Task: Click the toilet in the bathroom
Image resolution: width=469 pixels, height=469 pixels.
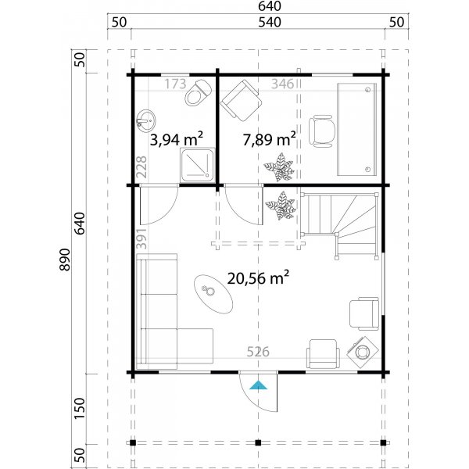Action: coord(197,93)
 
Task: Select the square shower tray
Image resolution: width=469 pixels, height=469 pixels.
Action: coord(194,164)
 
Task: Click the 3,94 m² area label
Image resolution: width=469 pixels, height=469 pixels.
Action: coord(177,139)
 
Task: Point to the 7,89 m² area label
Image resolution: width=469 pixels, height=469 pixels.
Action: coord(269,139)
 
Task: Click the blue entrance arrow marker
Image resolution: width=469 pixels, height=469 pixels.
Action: coord(258,384)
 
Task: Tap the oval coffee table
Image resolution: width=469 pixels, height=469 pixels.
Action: coord(213,292)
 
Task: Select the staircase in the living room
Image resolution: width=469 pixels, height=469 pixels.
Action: coord(340,225)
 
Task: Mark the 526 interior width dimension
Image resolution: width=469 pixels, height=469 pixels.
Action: coord(258,352)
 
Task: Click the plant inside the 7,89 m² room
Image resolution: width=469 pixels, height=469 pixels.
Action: coord(279,166)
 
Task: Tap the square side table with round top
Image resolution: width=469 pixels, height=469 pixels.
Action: coord(363,352)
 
